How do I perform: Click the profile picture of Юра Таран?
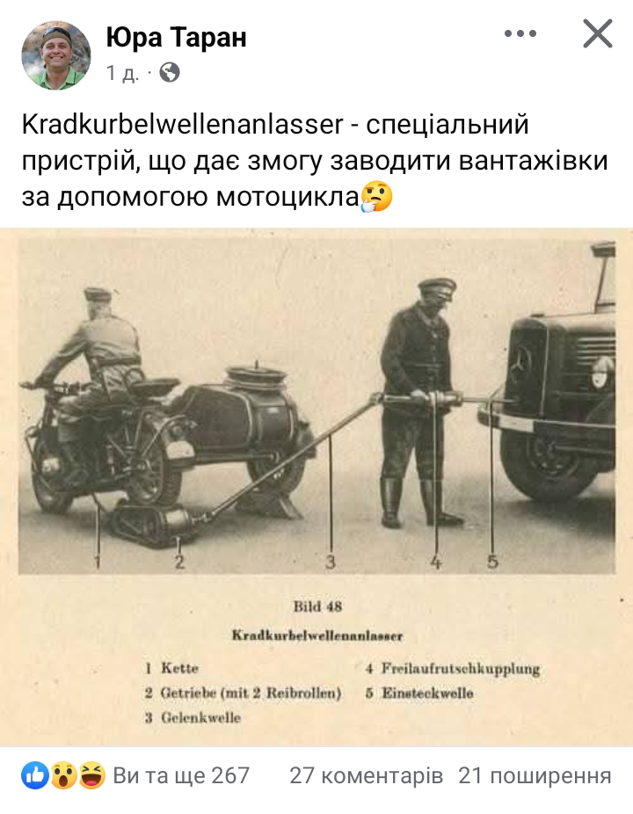56,55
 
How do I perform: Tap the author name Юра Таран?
176,37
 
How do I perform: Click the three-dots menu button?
520,33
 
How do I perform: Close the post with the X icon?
598,33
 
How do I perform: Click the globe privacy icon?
170,73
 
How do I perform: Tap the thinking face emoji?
376,196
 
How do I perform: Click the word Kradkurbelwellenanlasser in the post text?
183,125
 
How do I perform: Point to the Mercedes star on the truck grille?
520,359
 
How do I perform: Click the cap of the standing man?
438,287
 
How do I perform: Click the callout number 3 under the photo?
331,562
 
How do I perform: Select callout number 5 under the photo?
492,561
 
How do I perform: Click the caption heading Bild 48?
317,607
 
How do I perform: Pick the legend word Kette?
179,667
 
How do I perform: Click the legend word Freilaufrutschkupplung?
461,669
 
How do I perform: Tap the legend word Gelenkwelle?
201,717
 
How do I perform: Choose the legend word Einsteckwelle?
428,693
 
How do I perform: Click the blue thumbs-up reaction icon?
35,775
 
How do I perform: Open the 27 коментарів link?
366,775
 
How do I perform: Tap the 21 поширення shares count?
535,775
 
